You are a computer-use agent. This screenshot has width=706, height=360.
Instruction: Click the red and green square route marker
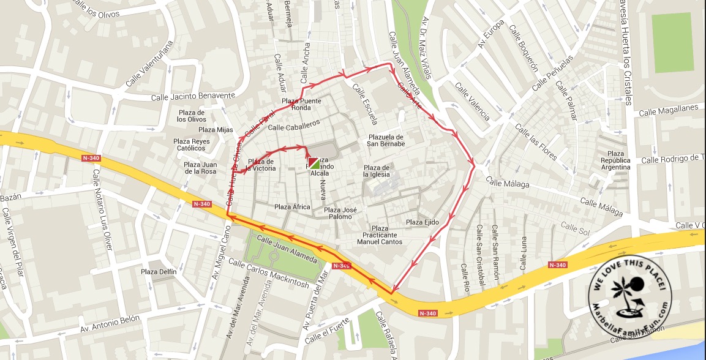tap(313, 163)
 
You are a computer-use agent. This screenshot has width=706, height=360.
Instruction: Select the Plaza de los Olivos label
tap(192, 116)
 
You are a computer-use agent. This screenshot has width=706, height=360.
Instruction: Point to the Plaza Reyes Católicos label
tap(191, 144)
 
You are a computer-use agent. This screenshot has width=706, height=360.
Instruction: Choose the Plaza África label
tap(292, 207)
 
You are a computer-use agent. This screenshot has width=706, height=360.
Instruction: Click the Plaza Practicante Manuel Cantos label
tap(380, 235)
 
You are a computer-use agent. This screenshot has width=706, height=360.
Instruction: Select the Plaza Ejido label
tap(422, 222)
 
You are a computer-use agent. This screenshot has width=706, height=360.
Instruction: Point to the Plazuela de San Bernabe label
tap(386, 140)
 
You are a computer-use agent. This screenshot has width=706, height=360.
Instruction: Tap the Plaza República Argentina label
tap(615, 160)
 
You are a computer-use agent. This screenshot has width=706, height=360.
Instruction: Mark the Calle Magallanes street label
tap(669, 110)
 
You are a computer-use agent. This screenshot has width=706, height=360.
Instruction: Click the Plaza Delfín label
tap(159, 272)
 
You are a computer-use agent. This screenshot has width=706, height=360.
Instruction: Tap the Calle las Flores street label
tap(536, 142)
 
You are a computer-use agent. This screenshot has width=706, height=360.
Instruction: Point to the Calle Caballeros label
tap(295, 125)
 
